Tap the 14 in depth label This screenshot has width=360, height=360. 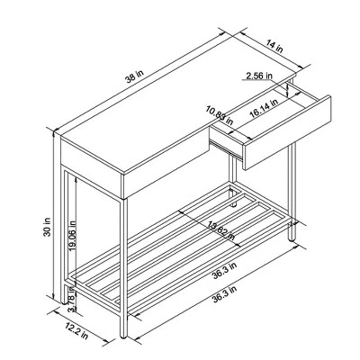pos(274,46)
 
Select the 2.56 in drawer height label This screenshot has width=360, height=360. pos(259,77)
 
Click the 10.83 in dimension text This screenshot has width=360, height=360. pos(217,115)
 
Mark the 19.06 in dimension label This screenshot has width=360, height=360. pos(73,238)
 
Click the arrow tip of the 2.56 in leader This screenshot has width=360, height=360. pos(289,86)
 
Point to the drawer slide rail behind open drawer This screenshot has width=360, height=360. pos(236,162)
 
